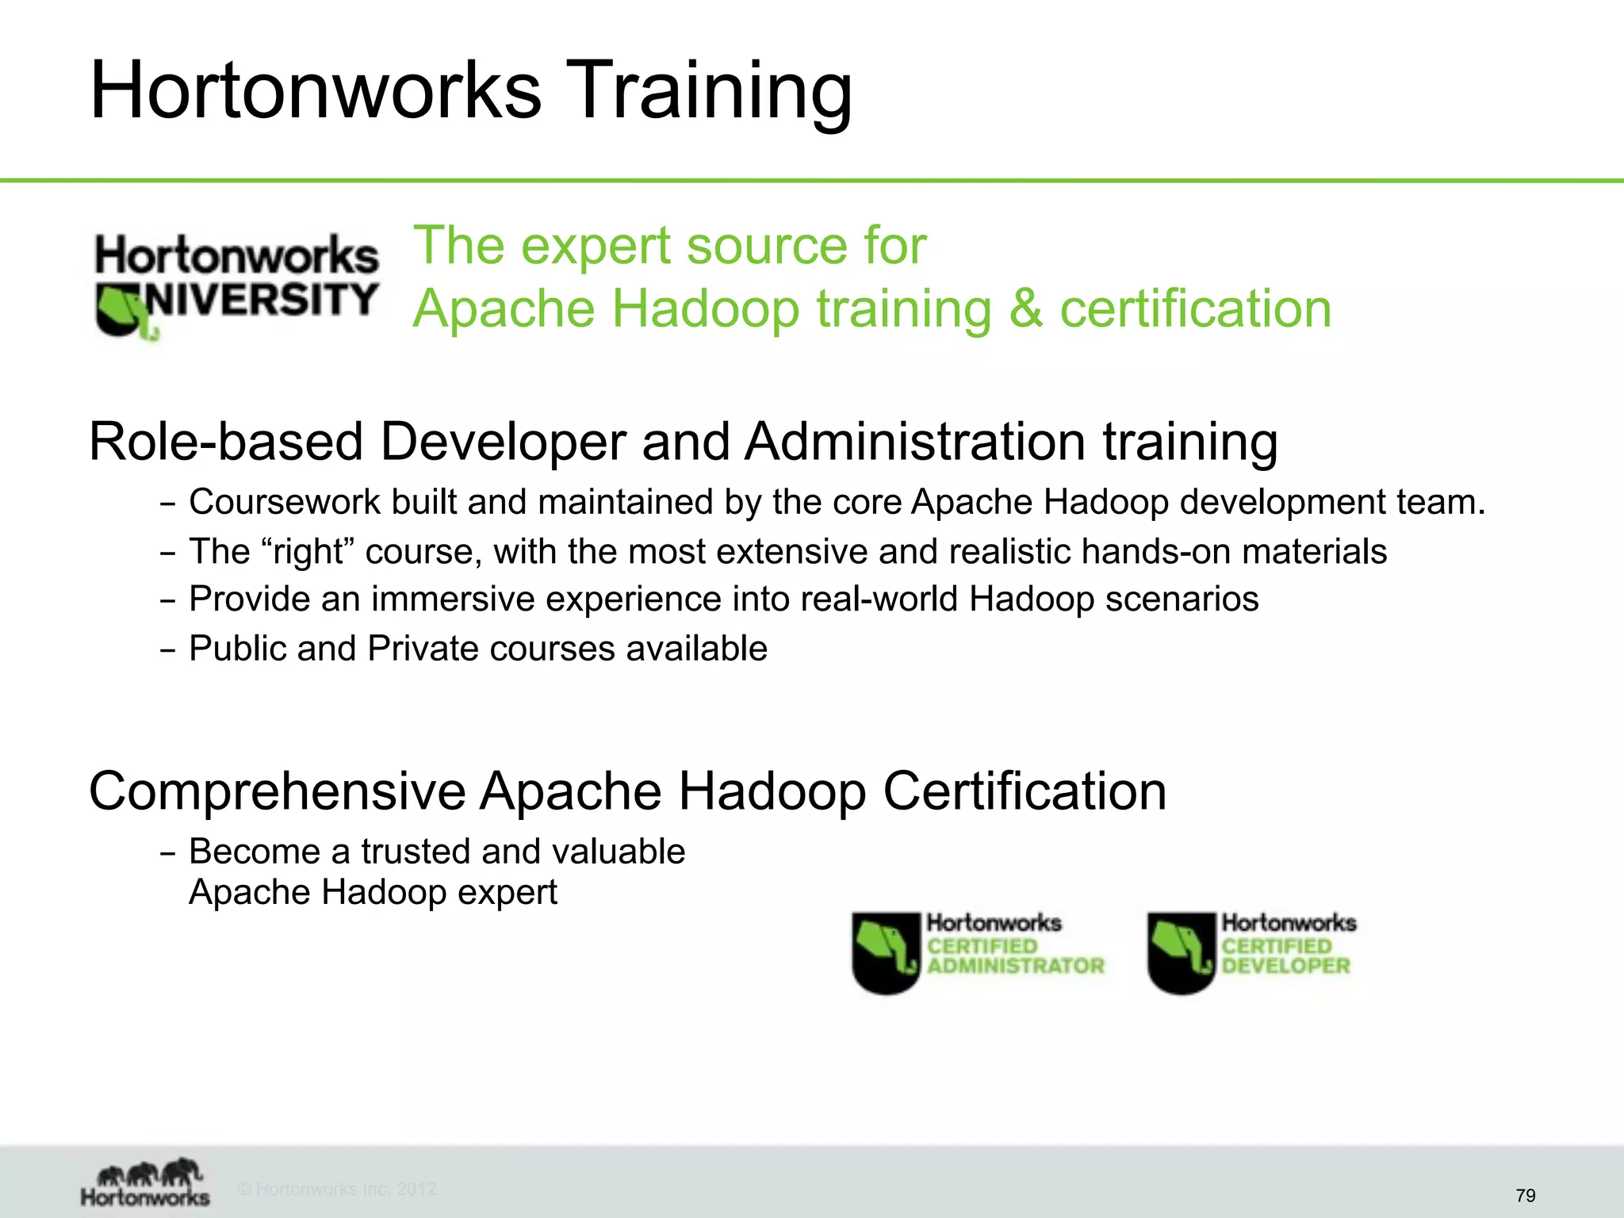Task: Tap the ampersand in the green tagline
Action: (x=1025, y=308)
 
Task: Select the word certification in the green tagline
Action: (x=1195, y=308)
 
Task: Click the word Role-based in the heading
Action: (x=227, y=442)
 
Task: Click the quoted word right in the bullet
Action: (x=308, y=552)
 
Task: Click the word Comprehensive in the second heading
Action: (x=277, y=791)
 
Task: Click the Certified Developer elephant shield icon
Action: (x=1181, y=952)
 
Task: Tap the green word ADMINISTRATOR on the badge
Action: (x=1016, y=966)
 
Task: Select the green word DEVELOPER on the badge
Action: (x=1285, y=966)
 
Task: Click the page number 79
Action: (x=1525, y=1195)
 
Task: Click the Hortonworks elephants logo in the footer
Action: (x=146, y=1182)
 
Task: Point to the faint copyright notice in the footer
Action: (x=337, y=1189)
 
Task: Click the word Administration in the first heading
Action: (x=915, y=442)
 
